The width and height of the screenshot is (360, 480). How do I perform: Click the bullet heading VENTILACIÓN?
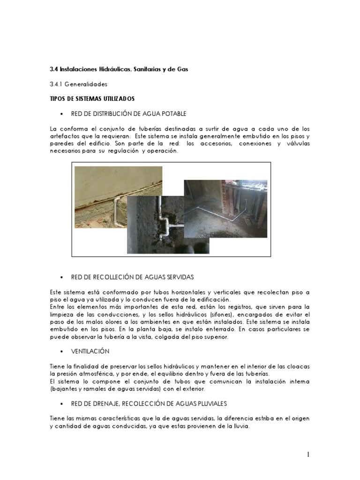click(90, 351)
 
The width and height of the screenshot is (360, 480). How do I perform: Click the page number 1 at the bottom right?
click(308, 454)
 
